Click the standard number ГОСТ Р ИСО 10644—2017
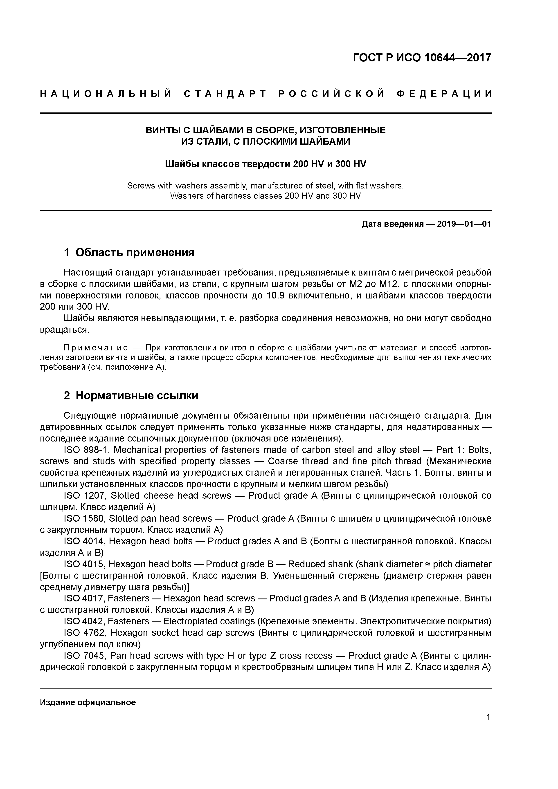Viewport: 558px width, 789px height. (x=422, y=58)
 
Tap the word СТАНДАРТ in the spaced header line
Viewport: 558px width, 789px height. (x=225, y=94)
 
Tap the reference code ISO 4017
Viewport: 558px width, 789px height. (x=83, y=598)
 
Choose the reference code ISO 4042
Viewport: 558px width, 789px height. (x=83, y=621)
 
